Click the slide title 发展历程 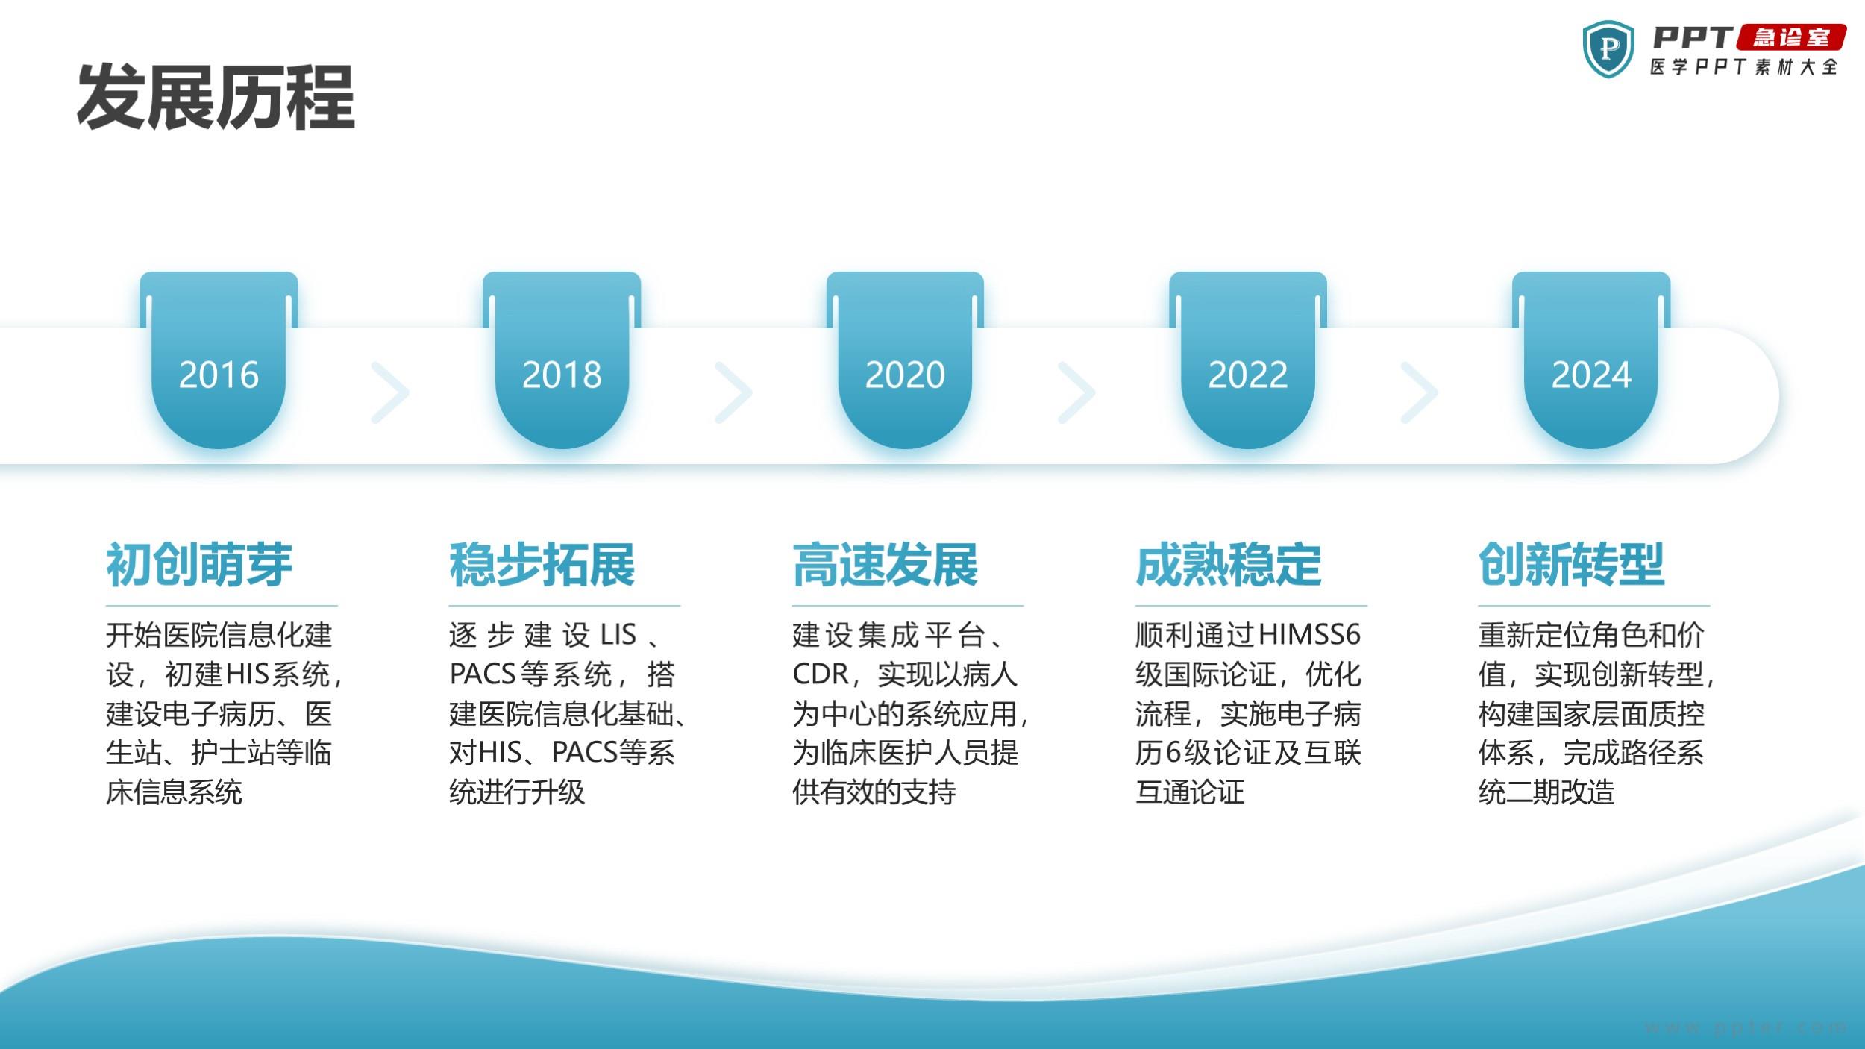point(216,97)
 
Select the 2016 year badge point(219,360)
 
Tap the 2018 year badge point(562,360)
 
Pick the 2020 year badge point(905,360)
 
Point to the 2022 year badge point(1248,360)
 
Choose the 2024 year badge point(1591,360)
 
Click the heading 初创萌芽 point(199,565)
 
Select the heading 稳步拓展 point(542,565)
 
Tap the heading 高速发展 point(886,565)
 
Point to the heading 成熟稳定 point(1229,565)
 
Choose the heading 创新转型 point(1572,565)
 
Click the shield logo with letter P point(1608,48)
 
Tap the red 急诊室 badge point(1791,37)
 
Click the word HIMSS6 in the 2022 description point(1309,635)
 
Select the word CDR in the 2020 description point(821,674)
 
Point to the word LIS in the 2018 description point(618,635)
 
